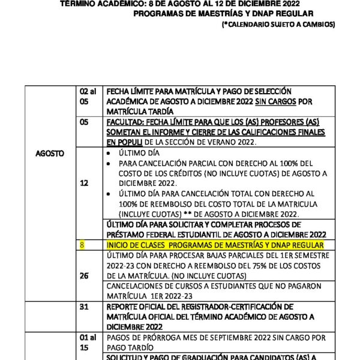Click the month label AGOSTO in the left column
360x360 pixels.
(x=50, y=154)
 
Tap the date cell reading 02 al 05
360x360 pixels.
(x=88, y=97)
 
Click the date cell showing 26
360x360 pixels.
(x=83, y=275)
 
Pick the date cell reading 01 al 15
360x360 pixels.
(x=88, y=341)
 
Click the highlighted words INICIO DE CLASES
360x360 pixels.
(x=134, y=245)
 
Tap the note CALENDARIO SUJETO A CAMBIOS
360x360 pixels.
(x=278, y=24)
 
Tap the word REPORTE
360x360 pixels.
(x=124, y=306)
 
